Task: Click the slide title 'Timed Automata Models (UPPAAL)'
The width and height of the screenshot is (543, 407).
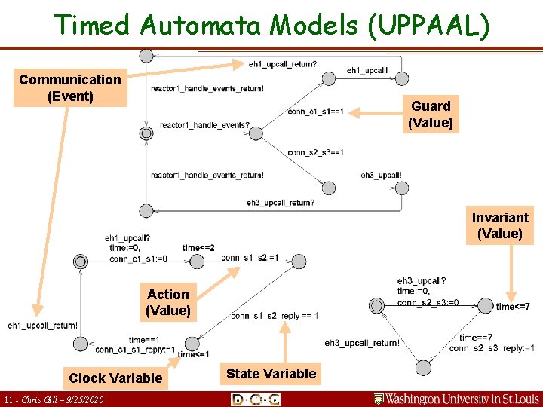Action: [271, 25]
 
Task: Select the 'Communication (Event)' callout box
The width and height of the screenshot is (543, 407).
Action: [70, 88]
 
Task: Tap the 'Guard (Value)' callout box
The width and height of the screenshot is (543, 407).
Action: [431, 115]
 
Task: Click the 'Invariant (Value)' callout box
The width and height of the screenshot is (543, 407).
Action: [500, 225]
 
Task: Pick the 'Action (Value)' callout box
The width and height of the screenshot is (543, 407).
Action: [168, 302]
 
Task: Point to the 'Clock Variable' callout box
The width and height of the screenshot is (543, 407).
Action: [115, 378]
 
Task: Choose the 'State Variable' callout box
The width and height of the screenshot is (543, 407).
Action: [271, 373]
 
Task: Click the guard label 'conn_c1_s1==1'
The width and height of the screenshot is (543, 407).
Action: [315, 112]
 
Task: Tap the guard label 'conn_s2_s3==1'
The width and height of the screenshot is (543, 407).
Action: [315, 152]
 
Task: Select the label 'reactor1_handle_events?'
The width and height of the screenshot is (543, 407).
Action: [204, 125]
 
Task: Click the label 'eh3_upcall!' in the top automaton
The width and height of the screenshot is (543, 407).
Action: [381, 175]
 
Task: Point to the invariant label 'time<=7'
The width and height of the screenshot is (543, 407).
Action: [512, 307]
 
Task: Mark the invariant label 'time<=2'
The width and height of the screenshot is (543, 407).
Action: [198, 248]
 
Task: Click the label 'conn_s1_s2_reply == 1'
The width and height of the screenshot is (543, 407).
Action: [275, 316]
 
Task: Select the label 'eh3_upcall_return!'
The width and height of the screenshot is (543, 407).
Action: [362, 344]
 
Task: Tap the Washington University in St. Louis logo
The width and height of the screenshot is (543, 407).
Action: [457, 398]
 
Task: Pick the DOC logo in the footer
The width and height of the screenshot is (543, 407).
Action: [256, 399]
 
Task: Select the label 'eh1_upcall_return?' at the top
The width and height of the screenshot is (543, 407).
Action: [282, 64]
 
